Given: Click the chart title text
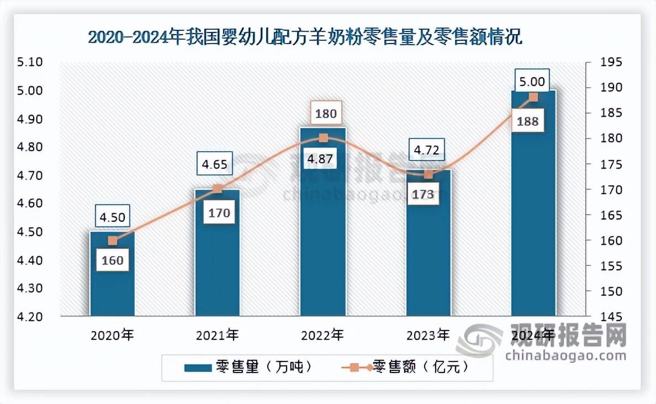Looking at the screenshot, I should pos(305,38).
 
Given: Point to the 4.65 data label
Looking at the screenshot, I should pos(216,164).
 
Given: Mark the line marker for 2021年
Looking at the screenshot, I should pos(217,189).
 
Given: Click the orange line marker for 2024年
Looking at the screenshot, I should pos(533,97).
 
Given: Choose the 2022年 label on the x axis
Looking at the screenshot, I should pos(322,334).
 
